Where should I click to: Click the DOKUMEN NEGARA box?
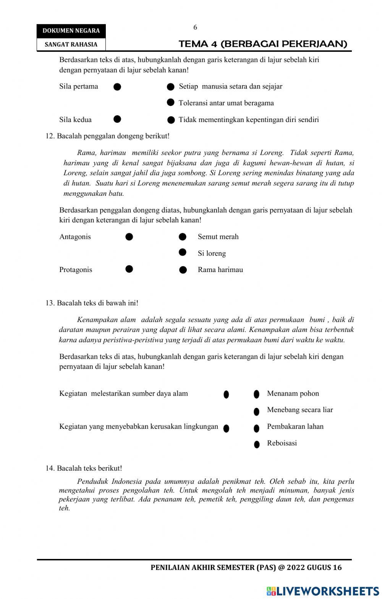click(x=71, y=31)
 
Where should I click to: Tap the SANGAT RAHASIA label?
click(x=71, y=44)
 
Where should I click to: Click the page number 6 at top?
click(x=195, y=27)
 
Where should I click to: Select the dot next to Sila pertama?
click(x=117, y=87)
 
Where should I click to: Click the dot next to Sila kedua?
click(x=117, y=119)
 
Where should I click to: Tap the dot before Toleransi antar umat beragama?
click(x=171, y=102)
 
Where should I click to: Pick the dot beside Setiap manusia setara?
click(x=171, y=87)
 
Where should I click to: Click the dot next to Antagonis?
click(x=129, y=237)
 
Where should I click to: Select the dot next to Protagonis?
click(x=129, y=269)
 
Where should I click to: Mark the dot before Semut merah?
click(x=183, y=237)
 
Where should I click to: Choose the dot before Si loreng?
click(x=183, y=252)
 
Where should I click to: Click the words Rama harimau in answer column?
click(x=220, y=270)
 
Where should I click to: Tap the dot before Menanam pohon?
click(x=257, y=394)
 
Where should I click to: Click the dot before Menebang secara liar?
click(x=257, y=411)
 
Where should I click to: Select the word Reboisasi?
click(x=282, y=443)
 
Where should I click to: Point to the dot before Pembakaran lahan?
click(x=257, y=428)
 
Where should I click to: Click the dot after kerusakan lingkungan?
click(x=226, y=428)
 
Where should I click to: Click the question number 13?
click(x=50, y=303)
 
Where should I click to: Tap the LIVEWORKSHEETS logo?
click(x=323, y=591)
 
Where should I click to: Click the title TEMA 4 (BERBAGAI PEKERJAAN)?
click(x=263, y=44)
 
